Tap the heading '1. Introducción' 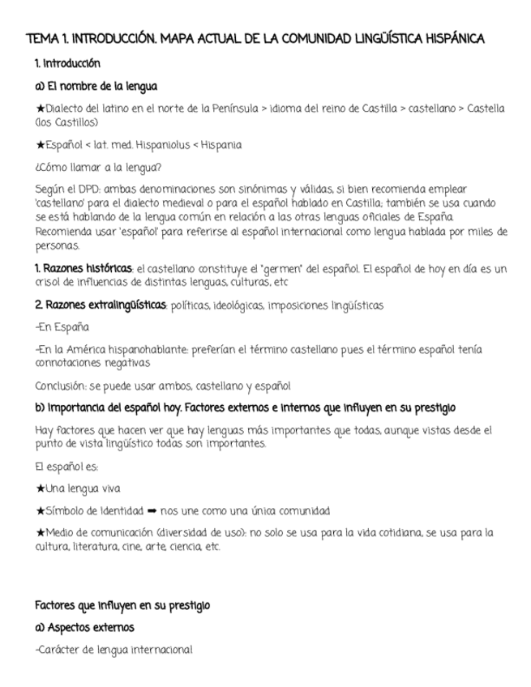pos(67,63)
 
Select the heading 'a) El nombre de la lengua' pos(96,85)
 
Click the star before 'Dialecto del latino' pos(41,109)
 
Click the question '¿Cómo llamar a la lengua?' pos(98,168)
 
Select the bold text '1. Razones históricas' pos(84,268)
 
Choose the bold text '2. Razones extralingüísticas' pos(101,305)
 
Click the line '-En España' pos(62,327)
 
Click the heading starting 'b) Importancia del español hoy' pos(246,407)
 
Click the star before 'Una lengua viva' pos(41,489)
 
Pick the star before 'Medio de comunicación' pos(41,533)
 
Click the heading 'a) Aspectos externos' pos(84,627)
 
